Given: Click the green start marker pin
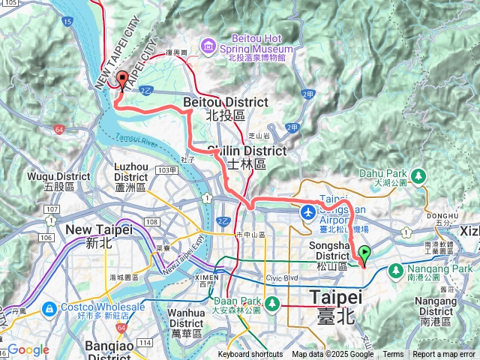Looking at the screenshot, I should click(364, 254).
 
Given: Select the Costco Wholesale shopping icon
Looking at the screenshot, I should click(49, 307).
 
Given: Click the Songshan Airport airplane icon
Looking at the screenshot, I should click(307, 212).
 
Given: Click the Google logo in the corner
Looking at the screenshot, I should click(28, 349).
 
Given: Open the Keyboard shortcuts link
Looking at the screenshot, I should click(250, 355).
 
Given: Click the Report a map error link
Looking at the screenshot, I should click(445, 355).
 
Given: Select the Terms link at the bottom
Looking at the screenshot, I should click(393, 355).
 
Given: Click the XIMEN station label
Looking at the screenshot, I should click(208, 276).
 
